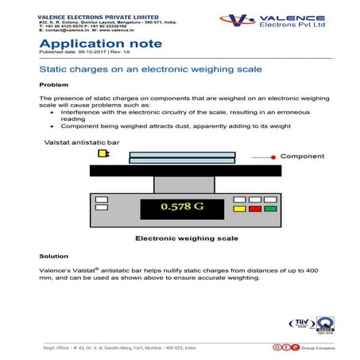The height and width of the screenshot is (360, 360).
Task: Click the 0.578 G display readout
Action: (181, 208)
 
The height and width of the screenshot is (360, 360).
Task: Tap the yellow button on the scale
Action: (239, 208)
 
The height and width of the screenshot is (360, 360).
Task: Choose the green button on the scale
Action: (270, 208)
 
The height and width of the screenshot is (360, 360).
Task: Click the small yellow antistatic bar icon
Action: (103, 153)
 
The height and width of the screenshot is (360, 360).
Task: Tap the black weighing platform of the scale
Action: (185, 171)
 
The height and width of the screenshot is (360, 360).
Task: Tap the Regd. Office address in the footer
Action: (119, 348)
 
